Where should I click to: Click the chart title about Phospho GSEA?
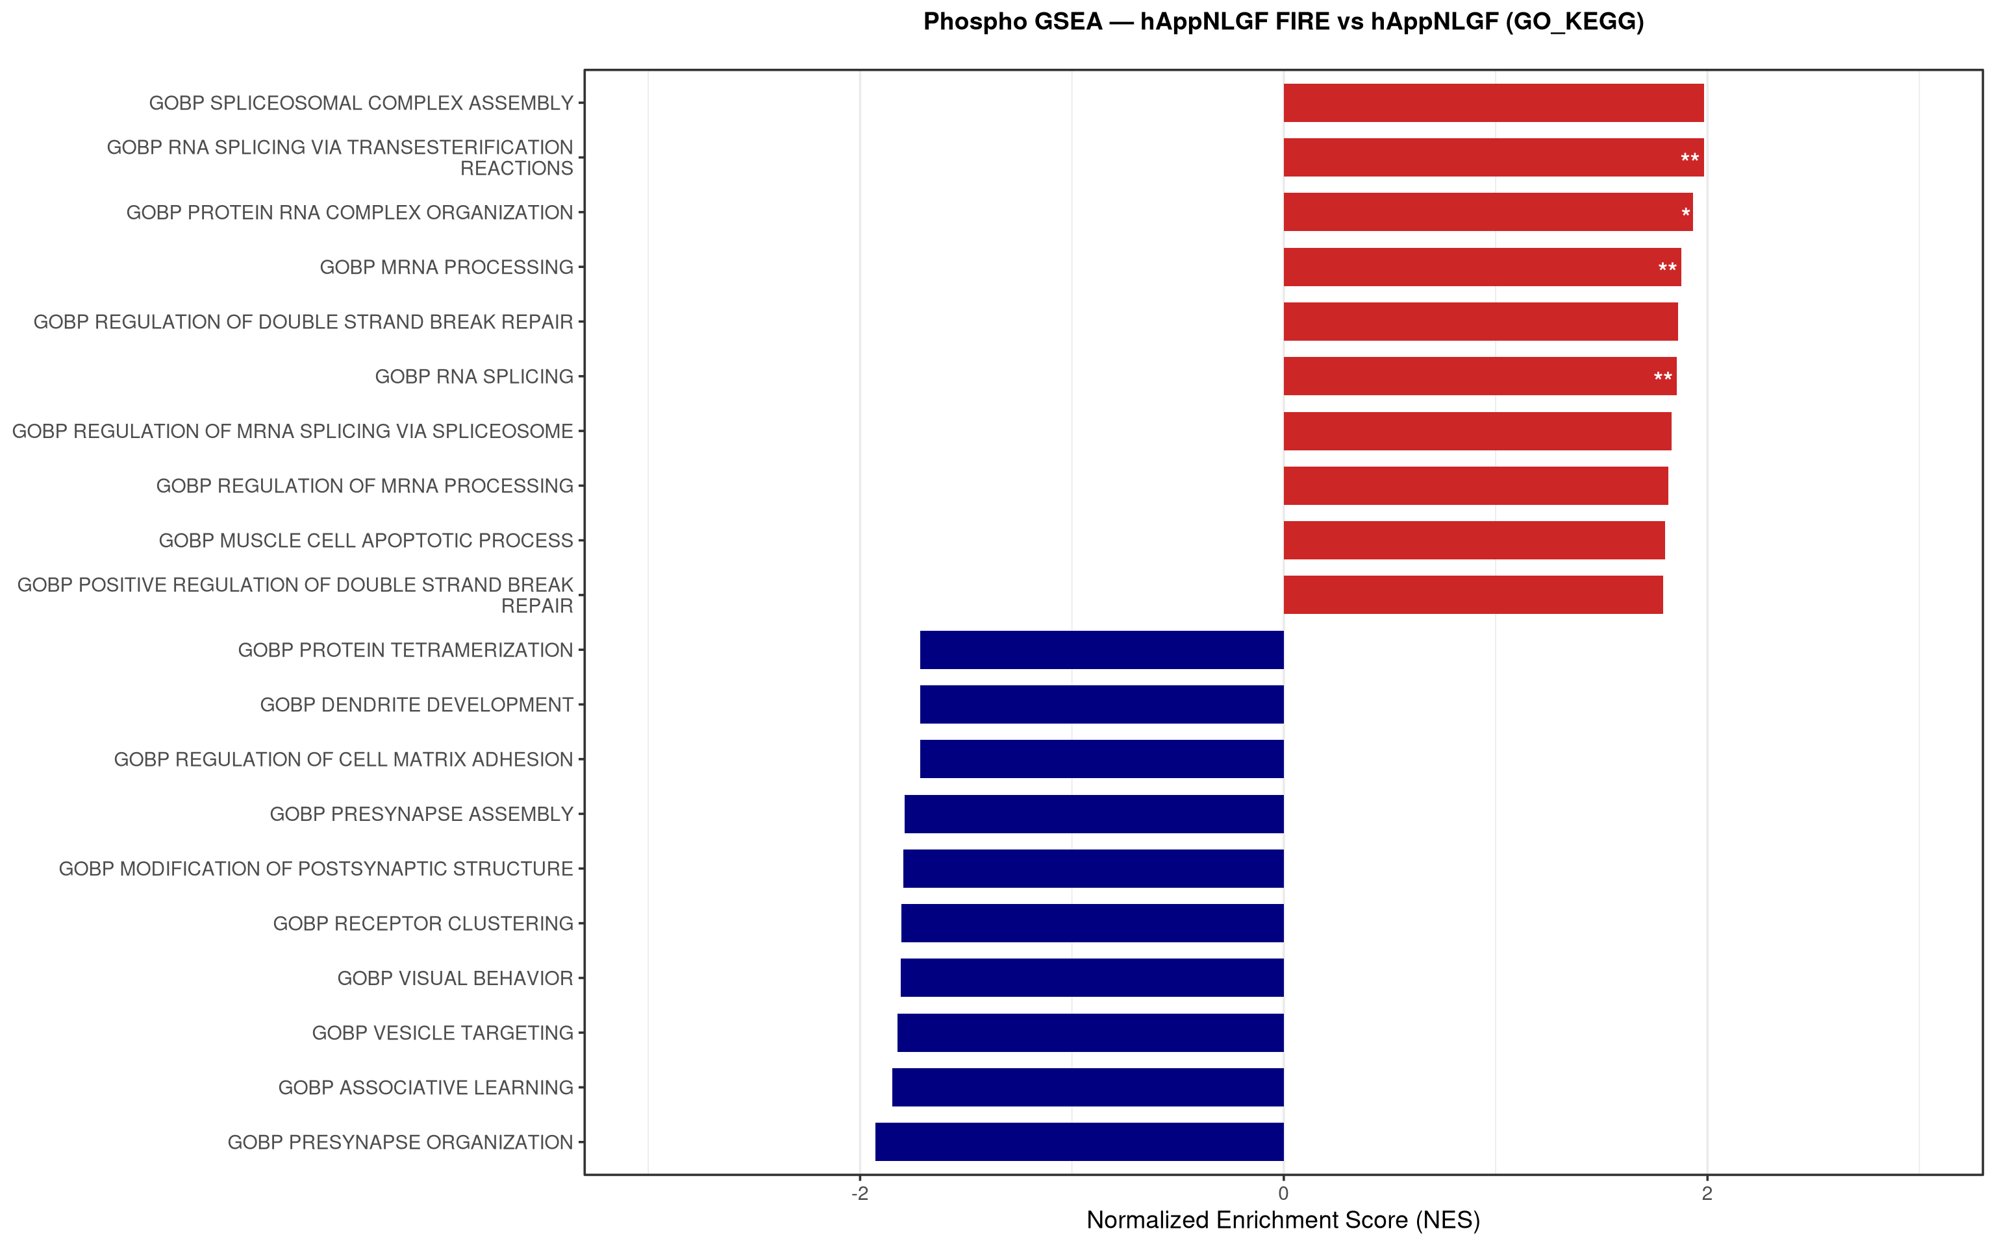pyautogui.click(x=1283, y=21)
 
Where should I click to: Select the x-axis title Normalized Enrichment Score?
pyautogui.click(x=1283, y=1219)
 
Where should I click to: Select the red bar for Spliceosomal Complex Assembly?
pyautogui.click(x=1493, y=103)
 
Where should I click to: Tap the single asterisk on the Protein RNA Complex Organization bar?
pyautogui.click(x=1686, y=214)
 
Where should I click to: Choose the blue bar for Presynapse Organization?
pyautogui.click(x=1079, y=1142)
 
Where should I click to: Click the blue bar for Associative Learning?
pyautogui.click(x=1087, y=1087)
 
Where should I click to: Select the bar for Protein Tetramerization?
pyautogui.click(x=1101, y=650)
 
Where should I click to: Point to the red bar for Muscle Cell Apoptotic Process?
pyautogui.click(x=1474, y=541)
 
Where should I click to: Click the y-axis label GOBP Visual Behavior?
pyautogui.click(x=455, y=978)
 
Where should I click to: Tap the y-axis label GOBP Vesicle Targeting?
pyautogui.click(x=443, y=1032)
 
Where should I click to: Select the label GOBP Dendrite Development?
pyautogui.click(x=416, y=705)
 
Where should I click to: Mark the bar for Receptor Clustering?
pyautogui.click(x=1092, y=923)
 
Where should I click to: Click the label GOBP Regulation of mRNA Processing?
pyautogui.click(x=364, y=486)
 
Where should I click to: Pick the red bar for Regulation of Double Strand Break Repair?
pyautogui.click(x=1481, y=321)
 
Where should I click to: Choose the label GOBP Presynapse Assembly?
pyautogui.click(x=421, y=814)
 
